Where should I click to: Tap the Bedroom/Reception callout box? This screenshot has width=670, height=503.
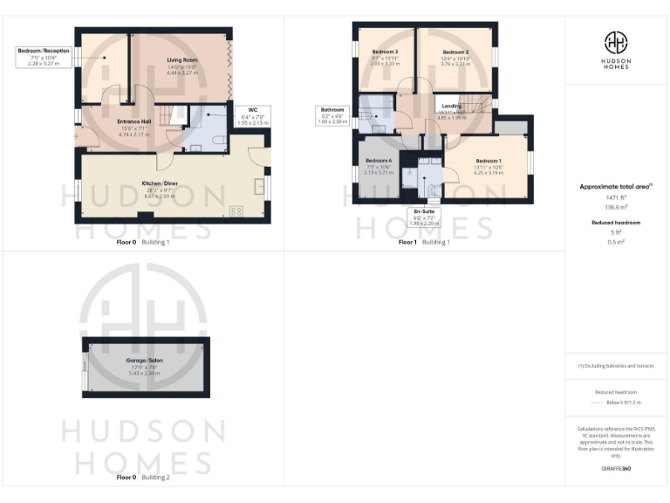44,57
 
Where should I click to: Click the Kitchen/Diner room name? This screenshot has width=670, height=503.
160,183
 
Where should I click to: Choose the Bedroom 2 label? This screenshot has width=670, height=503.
455,52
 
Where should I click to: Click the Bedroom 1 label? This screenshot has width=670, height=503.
489,162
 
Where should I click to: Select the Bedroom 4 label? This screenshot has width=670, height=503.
379,162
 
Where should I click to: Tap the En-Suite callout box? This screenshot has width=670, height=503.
427,217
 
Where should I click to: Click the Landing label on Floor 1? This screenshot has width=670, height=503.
453,106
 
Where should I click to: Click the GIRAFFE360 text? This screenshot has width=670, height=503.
616,469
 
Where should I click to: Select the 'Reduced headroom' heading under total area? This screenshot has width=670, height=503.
616,223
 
